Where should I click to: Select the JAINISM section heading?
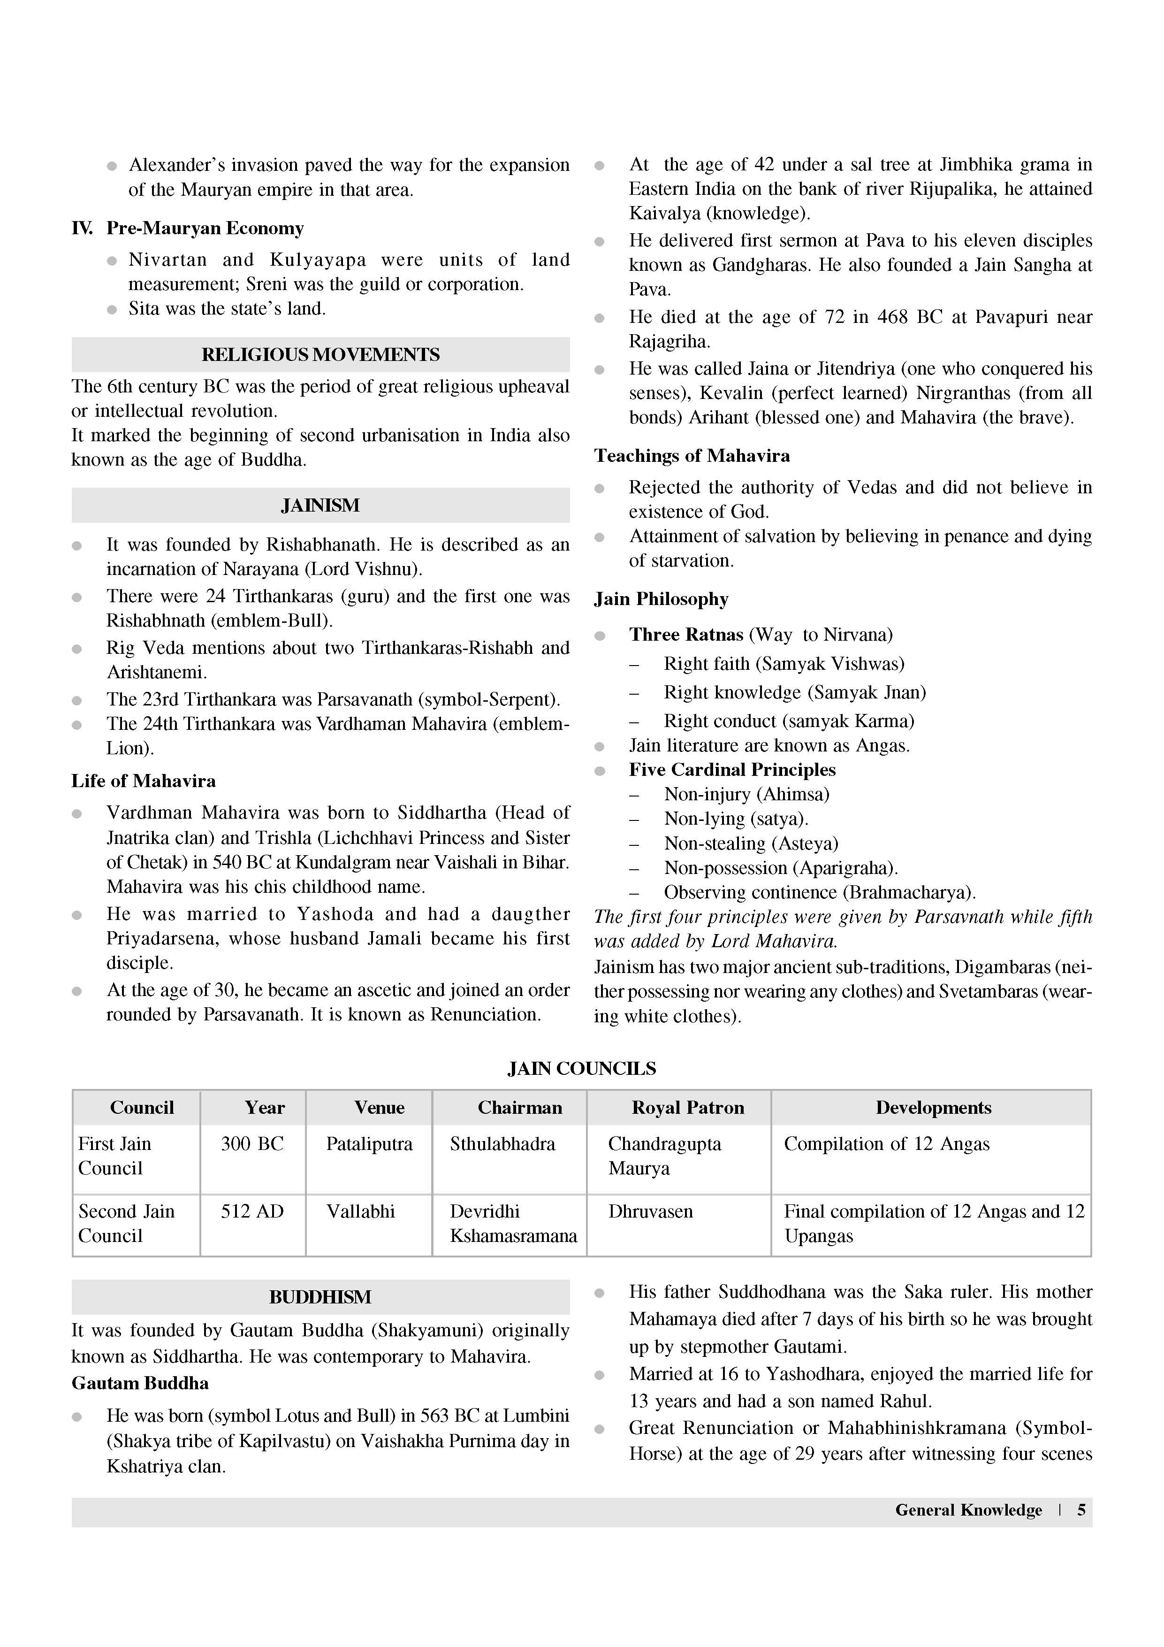[x=320, y=505]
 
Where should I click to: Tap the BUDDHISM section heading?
[x=320, y=1296]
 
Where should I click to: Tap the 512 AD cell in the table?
[x=252, y=1211]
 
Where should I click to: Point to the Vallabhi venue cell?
[x=361, y=1211]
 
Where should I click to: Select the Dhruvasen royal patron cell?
[x=650, y=1211]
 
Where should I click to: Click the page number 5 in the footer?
[x=1081, y=1510]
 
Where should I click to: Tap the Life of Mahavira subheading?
[x=144, y=781]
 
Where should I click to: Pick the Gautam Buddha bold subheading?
[x=140, y=1383]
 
